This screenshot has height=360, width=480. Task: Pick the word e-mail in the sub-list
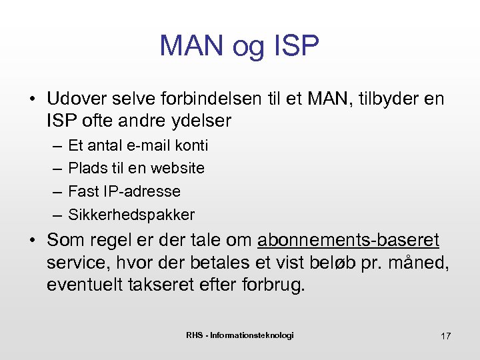point(150,145)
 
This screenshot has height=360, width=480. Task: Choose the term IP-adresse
point(141,191)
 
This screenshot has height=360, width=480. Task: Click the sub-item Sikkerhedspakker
point(131,215)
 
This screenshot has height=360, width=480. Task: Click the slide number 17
point(445,336)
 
